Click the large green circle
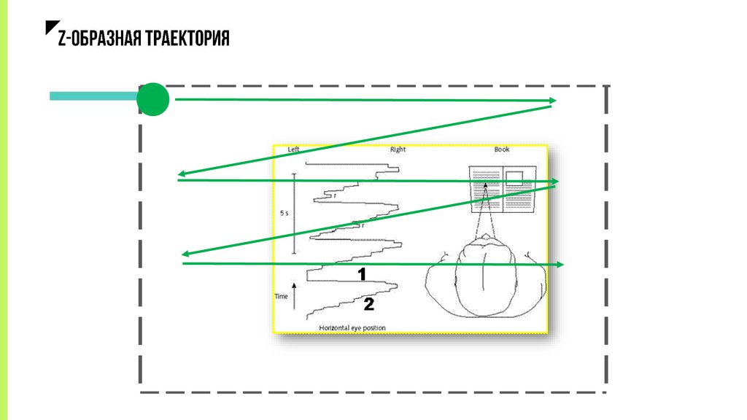pyautogui.click(x=153, y=100)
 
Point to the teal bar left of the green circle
pyautogui.click(x=93, y=96)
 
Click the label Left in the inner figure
pyautogui.click(x=294, y=149)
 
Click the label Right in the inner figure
pyautogui.click(x=398, y=149)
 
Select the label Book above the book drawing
pyautogui.click(x=502, y=149)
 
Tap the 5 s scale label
pyautogui.click(x=285, y=214)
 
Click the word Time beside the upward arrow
pyautogui.click(x=282, y=297)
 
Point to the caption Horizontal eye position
pyautogui.click(x=352, y=328)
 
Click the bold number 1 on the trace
pyautogui.click(x=361, y=274)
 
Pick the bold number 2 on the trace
pyautogui.click(x=368, y=304)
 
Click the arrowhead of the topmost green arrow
pyautogui.click(x=553, y=101)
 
